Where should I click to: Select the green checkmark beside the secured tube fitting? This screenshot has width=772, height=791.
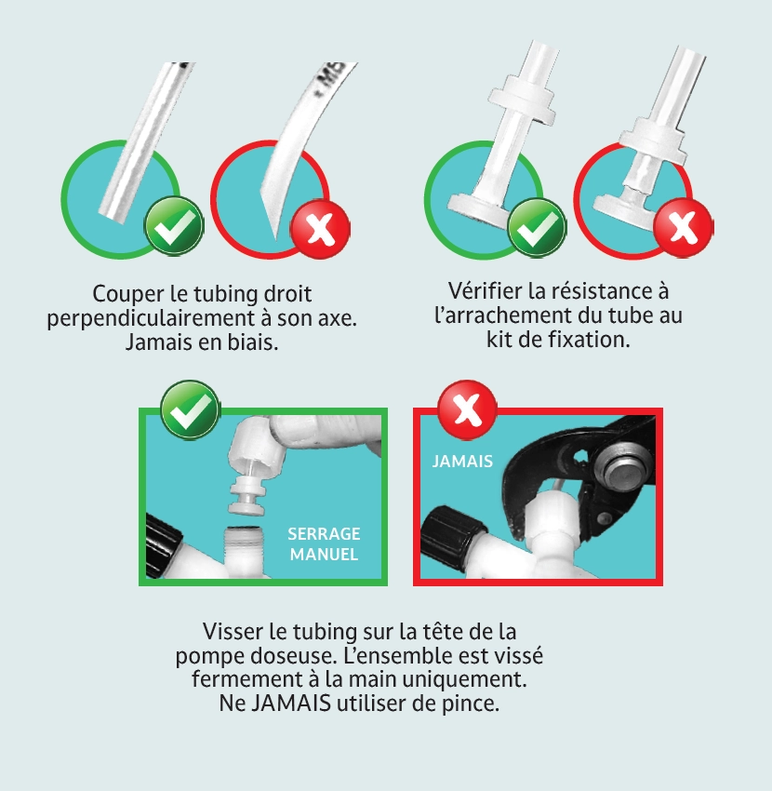[537, 227]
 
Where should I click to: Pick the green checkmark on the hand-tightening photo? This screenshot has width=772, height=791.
[190, 410]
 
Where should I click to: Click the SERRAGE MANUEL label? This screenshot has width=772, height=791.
[324, 544]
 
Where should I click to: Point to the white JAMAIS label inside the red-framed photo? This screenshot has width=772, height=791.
[462, 462]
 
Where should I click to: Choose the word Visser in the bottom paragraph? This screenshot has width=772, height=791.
[233, 631]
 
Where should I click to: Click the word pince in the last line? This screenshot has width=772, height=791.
[473, 704]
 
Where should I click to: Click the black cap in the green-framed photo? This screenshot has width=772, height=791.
[162, 540]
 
